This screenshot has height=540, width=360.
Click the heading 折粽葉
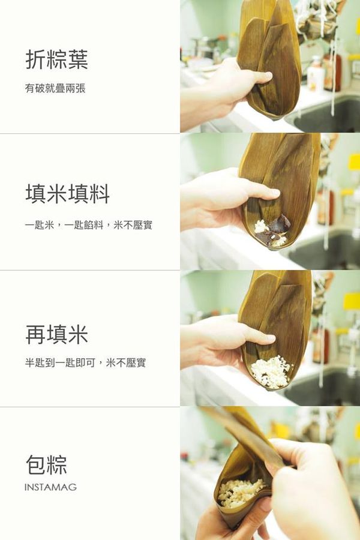[56, 60]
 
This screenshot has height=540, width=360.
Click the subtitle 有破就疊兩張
[55, 88]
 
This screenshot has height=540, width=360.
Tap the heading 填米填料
[67, 194]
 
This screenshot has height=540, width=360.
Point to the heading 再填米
[56, 334]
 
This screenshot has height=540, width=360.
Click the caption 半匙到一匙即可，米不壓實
[85, 362]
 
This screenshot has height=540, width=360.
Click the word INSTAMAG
[50, 487]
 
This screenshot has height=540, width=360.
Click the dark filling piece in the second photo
[280, 225]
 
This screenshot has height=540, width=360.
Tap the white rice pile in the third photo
[271, 372]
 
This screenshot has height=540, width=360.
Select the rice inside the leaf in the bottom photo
[240, 492]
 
